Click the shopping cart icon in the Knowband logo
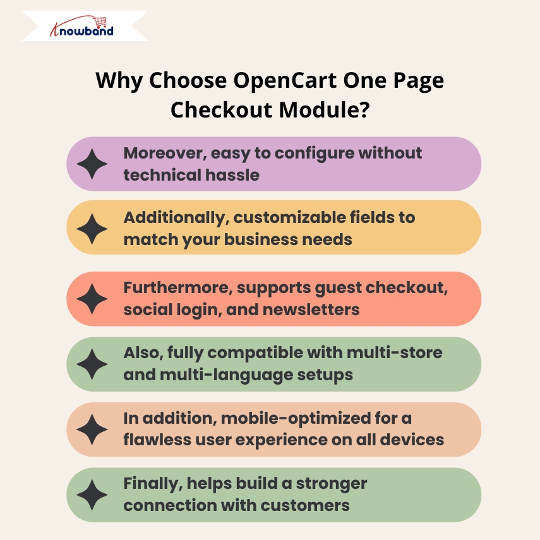click(100, 22)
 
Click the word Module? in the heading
click(324, 110)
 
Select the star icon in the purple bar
click(92, 164)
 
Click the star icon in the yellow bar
click(92, 229)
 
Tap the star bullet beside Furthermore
click(92, 299)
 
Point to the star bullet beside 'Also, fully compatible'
click(92, 364)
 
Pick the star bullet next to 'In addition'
click(92, 429)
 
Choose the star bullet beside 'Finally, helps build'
click(92, 495)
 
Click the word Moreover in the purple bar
click(165, 153)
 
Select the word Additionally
click(176, 218)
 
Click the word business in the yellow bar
click(256, 240)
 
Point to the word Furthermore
click(178, 288)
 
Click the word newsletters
click(311, 309)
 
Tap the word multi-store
click(394, 353)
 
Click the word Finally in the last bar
click(153, 484)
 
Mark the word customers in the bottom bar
click(305, 506)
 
